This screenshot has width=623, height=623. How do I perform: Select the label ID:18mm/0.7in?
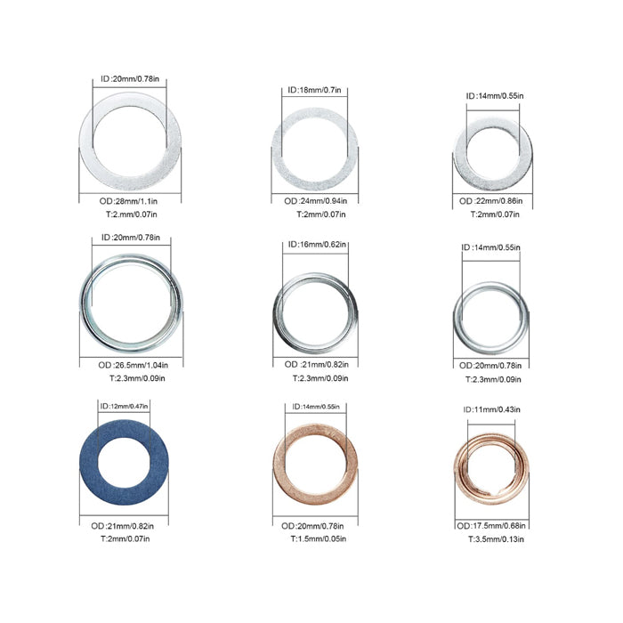tap(314, 90)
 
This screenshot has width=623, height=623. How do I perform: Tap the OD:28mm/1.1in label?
tap(128, 201)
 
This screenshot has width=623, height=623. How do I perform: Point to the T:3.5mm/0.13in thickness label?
tap(496, 539)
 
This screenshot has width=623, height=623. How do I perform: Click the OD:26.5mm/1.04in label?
tap(133, 365)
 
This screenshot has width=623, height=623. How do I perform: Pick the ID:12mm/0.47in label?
tap(124, 406)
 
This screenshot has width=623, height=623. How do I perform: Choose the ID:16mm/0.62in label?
tap(317, 245)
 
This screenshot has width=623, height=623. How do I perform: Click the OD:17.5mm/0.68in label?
tap(491, 526)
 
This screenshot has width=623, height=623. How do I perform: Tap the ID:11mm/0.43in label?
tap(491, 409)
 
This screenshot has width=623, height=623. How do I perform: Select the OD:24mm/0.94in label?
tap(315, 201)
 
